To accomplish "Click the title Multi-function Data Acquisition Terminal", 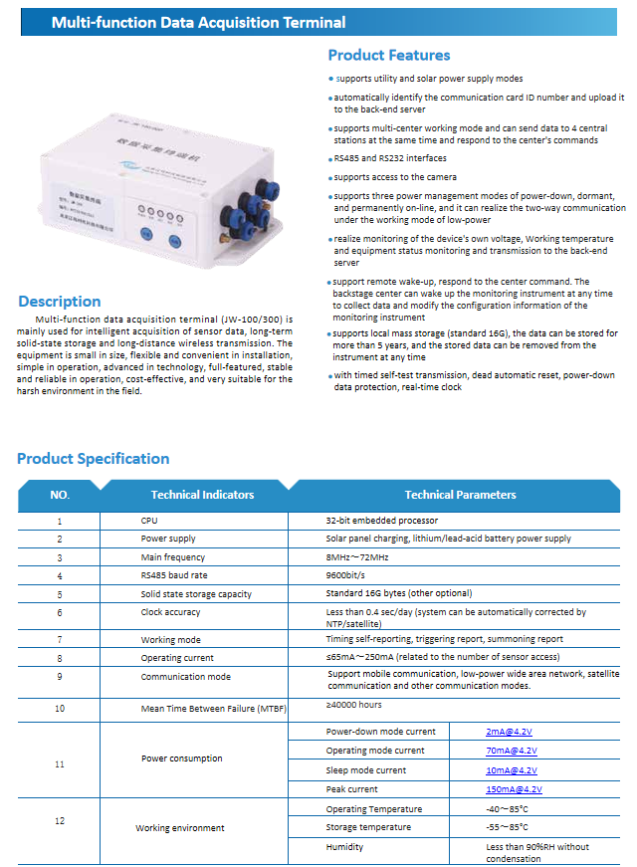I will [x=198, y=22].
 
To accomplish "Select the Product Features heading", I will [x=388, y=56].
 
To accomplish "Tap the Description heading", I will [x=60, y=302].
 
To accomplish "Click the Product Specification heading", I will [x=93, y=459].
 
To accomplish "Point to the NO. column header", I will [x=60, y=495].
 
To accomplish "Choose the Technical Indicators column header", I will [x=202, y=495].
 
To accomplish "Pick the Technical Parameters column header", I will [x=460, y=495].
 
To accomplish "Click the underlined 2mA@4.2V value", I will [x=511, y=732].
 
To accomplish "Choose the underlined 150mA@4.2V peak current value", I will [x=514, y=789].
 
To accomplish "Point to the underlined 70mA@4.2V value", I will [x=513, y=751].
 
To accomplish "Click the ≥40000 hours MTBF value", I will [x=353, y=705].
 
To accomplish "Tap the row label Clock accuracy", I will [x=170, y=613].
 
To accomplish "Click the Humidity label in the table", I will [x=344, y=847].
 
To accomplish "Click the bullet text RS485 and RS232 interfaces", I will [x=390, y=158].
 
